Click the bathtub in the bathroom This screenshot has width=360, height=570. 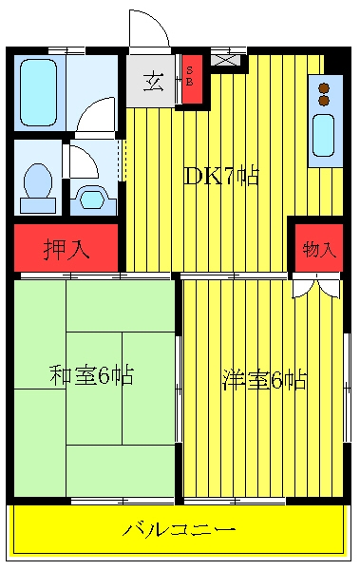[39, 92]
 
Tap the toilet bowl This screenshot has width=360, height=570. [38, 180]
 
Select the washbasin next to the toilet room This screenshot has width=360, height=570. [93, 199]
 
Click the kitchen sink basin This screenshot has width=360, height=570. [323, 135]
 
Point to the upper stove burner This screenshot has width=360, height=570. [324, 88]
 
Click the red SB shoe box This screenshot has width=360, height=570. [192, 79]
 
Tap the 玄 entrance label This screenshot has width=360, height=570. [154, 82]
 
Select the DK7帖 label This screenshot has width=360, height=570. [221, 177]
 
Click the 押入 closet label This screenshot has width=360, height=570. [66, 249]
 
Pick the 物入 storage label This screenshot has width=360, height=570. [318, 249]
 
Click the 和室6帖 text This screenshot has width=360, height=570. [91, 375]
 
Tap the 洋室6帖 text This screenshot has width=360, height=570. [264, 379]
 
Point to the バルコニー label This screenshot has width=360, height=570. [179, 530]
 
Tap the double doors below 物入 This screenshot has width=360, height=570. [316, 287]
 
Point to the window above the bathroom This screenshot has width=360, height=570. [66, 50]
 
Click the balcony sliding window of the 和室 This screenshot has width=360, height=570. [123, 502]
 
